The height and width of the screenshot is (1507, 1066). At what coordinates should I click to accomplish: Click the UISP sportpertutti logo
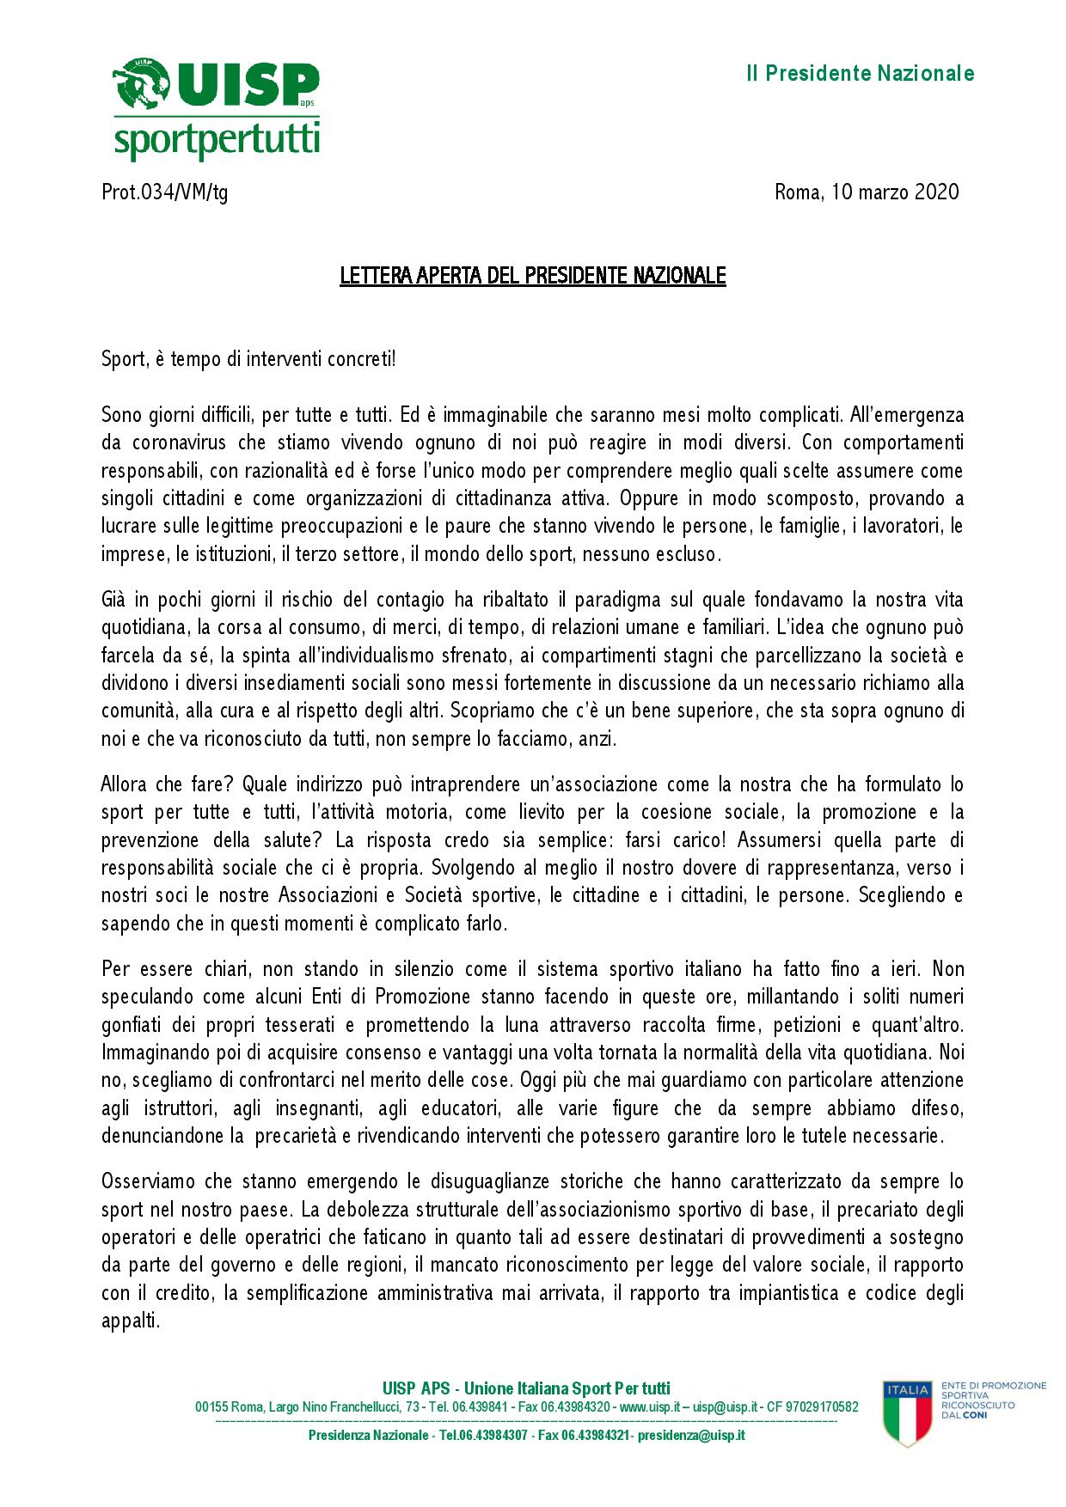217,109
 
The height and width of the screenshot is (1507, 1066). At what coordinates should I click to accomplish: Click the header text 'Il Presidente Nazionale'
859,74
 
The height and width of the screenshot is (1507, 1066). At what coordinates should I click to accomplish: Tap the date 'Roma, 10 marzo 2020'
867,192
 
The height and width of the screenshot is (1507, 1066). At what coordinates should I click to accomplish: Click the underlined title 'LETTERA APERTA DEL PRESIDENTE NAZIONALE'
533,277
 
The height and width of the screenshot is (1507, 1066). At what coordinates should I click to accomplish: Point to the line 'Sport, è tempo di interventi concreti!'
249,359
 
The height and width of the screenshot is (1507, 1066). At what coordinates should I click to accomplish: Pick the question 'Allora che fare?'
168,784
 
